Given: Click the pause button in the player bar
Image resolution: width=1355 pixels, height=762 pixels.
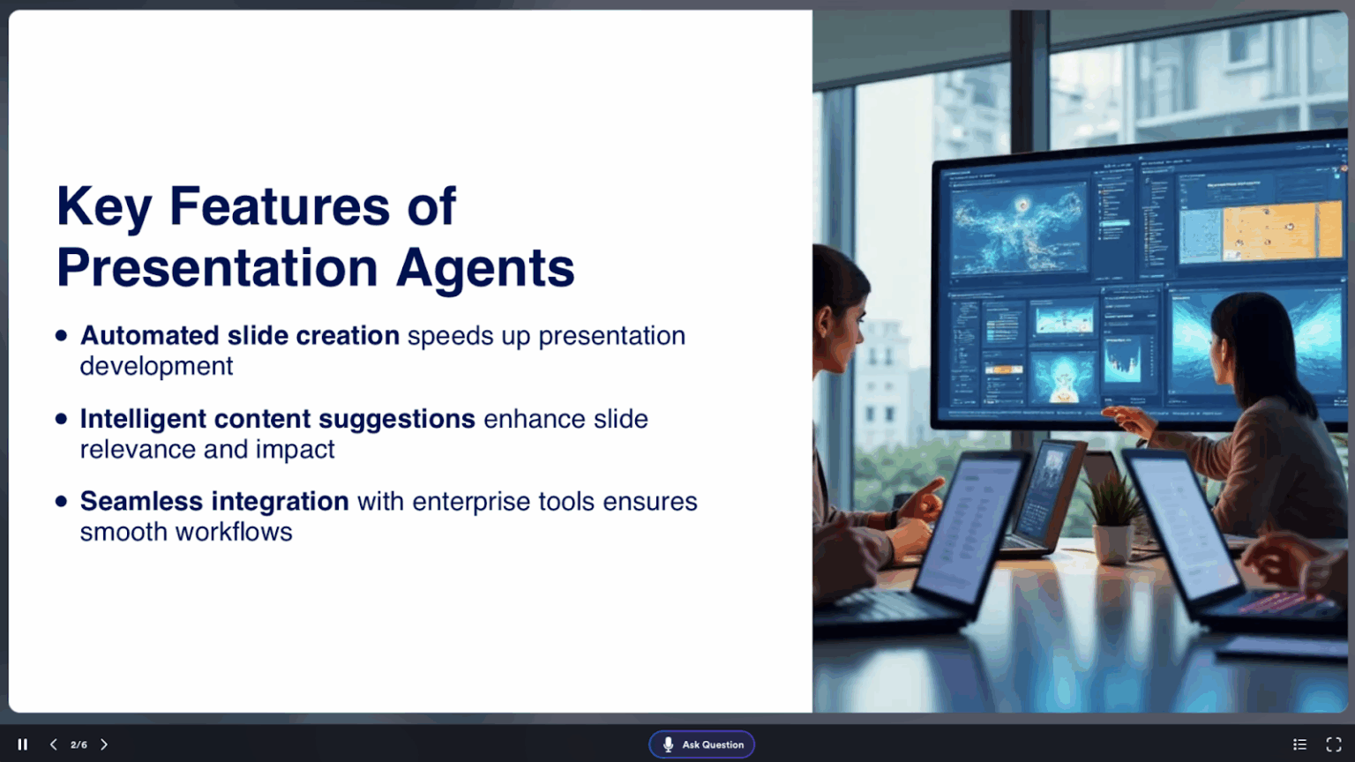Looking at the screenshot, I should point(23,744).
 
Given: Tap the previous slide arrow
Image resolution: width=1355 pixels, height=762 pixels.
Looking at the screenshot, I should point(54,744).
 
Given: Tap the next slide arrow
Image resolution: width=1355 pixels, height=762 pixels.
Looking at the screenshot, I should point(104,744).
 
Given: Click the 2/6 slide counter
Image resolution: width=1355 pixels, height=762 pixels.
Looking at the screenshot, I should point(79,744).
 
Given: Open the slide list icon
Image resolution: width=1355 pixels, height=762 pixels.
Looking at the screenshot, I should point(1299,744).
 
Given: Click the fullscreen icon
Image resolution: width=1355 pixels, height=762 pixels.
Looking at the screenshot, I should point(1334,744).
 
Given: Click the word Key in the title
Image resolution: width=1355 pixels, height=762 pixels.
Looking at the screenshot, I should point(104,207).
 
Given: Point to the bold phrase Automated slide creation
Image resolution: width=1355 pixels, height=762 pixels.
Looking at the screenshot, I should point(239,336).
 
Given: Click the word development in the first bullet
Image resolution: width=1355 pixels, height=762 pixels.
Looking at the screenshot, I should point(156,366).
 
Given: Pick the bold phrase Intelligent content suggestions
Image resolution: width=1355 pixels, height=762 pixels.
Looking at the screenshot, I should point(277,419).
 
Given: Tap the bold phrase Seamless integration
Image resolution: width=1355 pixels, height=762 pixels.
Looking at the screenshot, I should point(214,501).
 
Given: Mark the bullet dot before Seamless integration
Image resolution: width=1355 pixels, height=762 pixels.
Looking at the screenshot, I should point(61,501).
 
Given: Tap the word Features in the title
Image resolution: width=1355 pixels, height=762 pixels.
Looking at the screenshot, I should point(279,207).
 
